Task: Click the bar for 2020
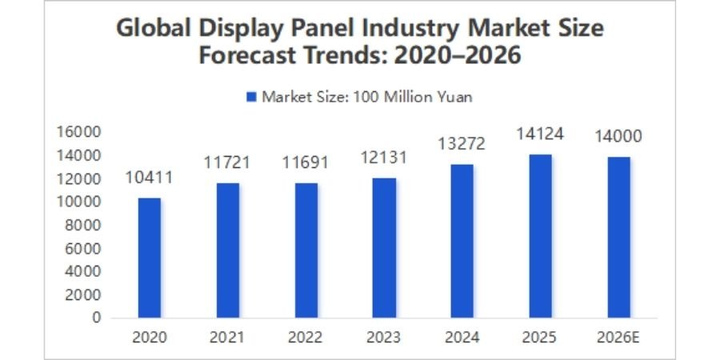pos(149,258)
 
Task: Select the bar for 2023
pos(384,248)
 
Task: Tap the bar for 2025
pos(540,236)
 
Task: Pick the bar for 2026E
pos(618,237)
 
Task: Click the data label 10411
pos(149,178)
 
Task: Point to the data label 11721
pos(227,163)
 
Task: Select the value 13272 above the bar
pos(462,145)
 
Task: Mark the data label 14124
pos(540,134)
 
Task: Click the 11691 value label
pos(306,163)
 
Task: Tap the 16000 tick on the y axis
pos(78,132)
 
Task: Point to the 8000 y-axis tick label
pos(82,225)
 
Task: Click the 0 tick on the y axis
pos(96,318)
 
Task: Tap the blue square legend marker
pos(250,97)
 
